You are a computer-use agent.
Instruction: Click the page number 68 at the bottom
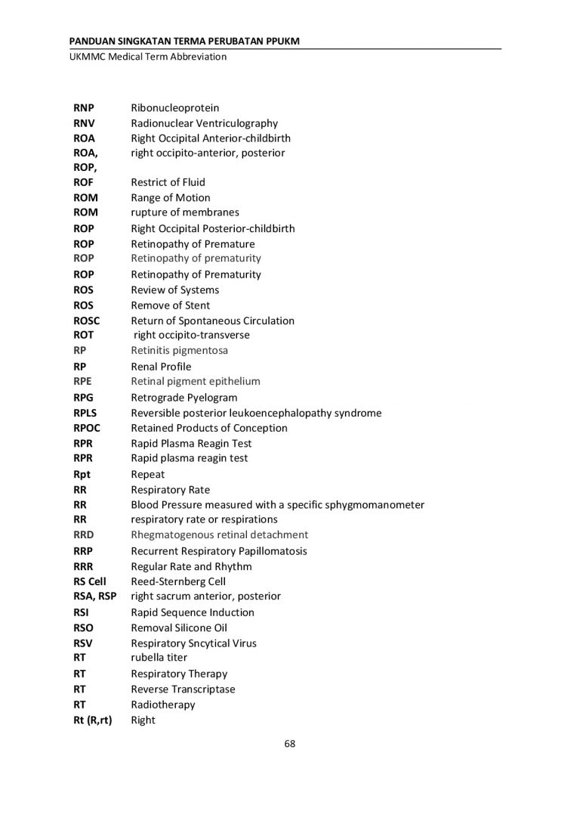click(289, 743)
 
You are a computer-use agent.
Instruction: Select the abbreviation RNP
click(84, 108)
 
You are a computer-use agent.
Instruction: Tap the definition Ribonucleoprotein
click(175, 108)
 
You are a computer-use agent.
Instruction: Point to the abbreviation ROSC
click(87, 321)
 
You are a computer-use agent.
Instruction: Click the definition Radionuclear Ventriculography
click(205, 123)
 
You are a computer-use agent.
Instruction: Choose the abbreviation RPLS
click(85, 413)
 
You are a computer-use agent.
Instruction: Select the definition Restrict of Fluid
click(168, 182)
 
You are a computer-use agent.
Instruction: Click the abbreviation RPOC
click(86, 428)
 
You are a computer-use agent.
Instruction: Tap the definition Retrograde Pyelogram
click(184, 398)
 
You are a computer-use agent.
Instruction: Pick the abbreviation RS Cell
click(90, 581)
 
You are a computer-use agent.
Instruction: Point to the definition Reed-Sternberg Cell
click(178, 581)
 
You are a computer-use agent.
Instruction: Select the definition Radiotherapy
click(163, 705)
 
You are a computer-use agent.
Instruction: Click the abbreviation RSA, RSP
click(95, 596)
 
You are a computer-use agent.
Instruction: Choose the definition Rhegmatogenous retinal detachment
click(220, 534)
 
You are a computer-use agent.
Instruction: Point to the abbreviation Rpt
click(82, 475)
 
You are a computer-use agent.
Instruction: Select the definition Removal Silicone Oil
click(179, 627)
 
